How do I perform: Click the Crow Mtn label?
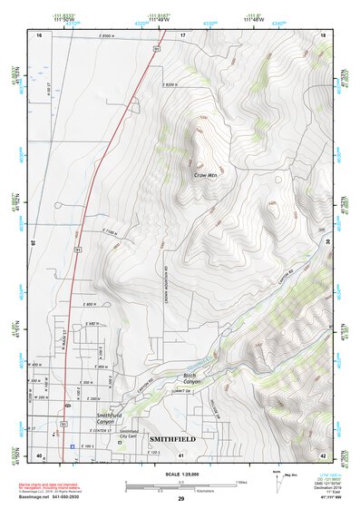[x=206, y=175]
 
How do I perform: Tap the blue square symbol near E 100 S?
[x=73, y=446]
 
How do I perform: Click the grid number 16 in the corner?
[x=40, y=34]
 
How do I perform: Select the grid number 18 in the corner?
[x=323, y=34]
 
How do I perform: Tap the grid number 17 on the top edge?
[x=182, y=34]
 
